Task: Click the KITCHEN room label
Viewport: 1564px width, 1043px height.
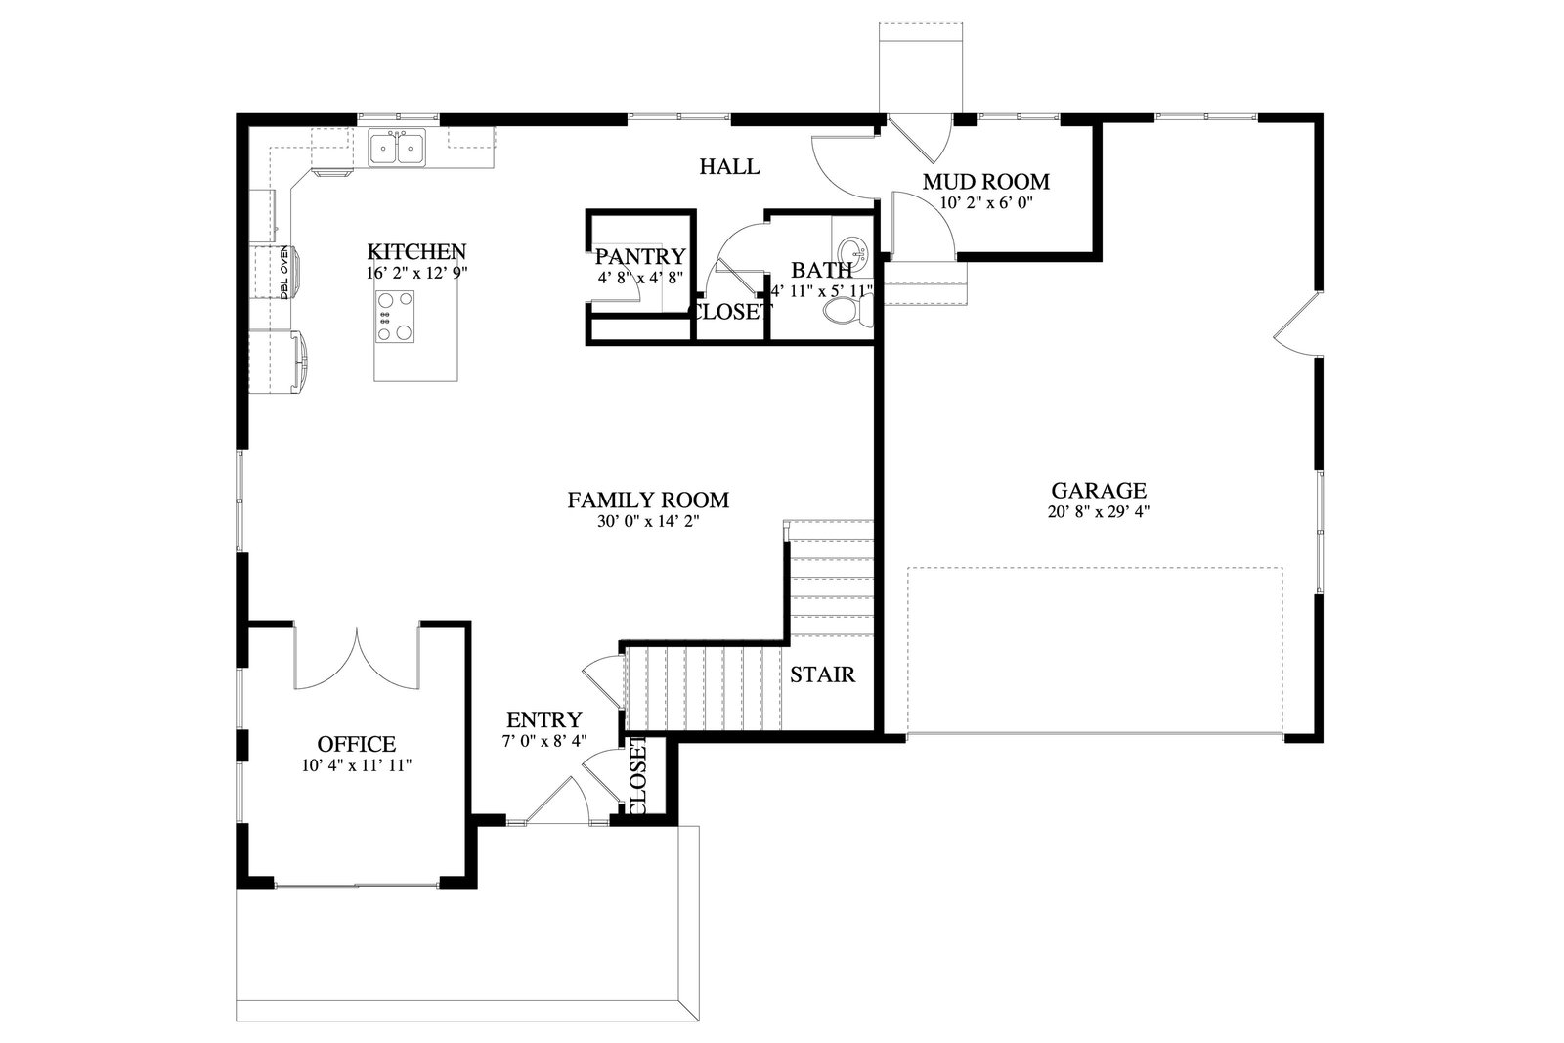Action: pos(416,251)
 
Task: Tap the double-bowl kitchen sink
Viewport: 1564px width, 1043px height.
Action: pos(397,148)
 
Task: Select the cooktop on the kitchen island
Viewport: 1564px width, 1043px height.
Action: pos(395,318)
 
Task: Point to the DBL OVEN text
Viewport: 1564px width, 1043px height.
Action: pos(284,273)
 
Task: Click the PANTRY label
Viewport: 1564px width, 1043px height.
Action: pos(640,256)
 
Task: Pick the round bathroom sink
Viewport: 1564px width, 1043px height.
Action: pos(853,250)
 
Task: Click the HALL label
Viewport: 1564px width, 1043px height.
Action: pos(729,167)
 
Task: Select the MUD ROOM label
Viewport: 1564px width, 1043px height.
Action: pos(986,182)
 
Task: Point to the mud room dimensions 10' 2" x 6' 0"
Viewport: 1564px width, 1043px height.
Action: pos(986,203)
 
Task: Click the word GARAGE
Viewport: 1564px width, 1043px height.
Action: pos(1099,490)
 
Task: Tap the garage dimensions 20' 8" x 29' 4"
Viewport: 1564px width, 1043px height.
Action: pos(1099,512)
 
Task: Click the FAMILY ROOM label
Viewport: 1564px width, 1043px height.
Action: pos(648,500)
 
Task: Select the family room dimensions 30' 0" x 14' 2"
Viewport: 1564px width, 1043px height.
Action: pos(648,522)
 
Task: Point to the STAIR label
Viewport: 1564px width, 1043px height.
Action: pos(822,674)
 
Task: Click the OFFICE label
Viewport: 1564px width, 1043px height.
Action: pos(356,744)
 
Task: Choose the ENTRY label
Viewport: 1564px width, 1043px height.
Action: pos(543,719)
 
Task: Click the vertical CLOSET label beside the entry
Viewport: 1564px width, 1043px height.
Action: pos(639,775)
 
